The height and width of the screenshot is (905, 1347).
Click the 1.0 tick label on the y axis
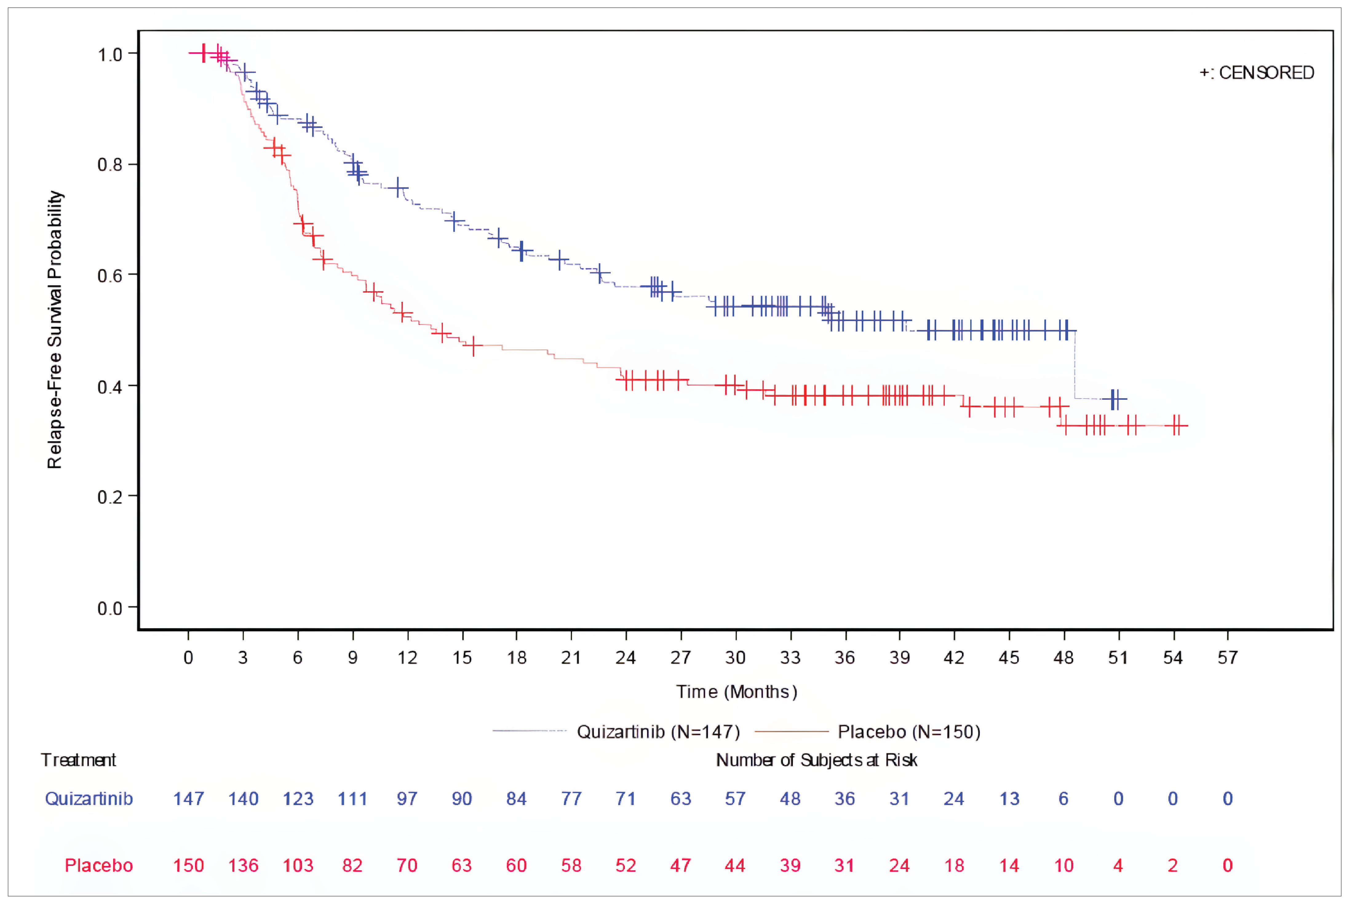(x=110, y=55)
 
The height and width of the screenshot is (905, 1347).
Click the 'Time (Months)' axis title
(x=737, y=692)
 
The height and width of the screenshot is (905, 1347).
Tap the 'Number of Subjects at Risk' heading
(x=816, y=760)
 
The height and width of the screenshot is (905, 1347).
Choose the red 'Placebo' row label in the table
(x=99, y=866)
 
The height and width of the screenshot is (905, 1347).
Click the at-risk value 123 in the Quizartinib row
(x=298, y=799)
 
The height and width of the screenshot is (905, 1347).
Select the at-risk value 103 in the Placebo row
(x=298, y=866)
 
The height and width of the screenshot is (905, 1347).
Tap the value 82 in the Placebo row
(x=352, y=866)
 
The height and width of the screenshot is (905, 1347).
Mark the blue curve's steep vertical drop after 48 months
(x=1075, y=365)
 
